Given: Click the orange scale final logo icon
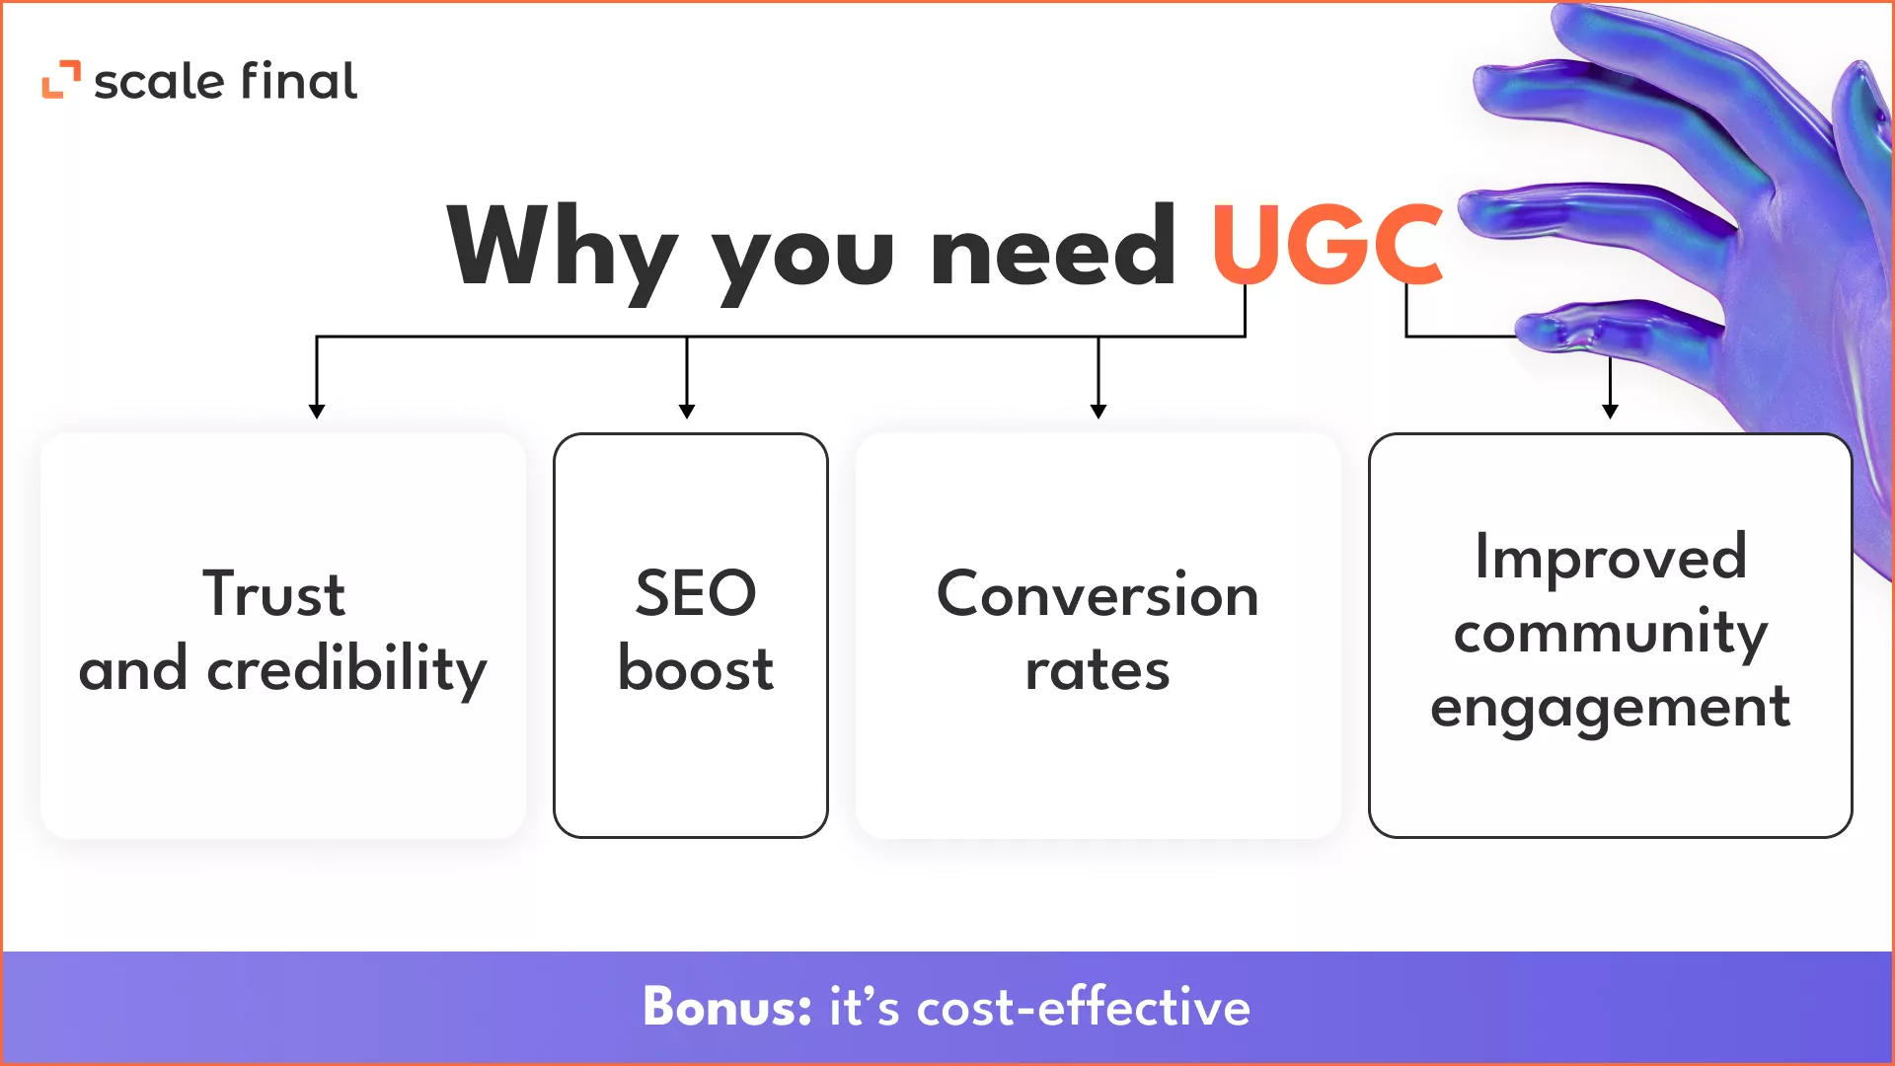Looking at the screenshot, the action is (x=60, y=80).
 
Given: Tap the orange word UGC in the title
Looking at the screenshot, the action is (x=1327, y=244).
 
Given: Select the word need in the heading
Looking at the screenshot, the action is (x=1053, y=244).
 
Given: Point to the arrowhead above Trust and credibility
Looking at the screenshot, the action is (x=316, y=411).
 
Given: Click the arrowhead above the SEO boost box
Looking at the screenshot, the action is (x=687, y=411).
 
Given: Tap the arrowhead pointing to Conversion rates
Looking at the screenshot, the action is (x=1099, y=411).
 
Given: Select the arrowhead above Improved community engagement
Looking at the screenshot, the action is (x=1611, y=411).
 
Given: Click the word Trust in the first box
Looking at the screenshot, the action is (x=273, y=593).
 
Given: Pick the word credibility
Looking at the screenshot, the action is (x=346, y=670).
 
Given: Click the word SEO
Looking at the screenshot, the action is (x=696, y=593).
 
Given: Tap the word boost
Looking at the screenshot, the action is (x=696, y=668).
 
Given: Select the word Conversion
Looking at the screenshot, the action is (x=1098, y=594).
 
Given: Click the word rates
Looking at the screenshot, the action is (x=1098, y=671).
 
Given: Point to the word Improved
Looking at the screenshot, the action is (x=1611, y=559).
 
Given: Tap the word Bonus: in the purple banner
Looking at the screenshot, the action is (x=727, y=1007).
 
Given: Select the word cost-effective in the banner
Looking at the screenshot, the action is (x=1084, y=1007).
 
